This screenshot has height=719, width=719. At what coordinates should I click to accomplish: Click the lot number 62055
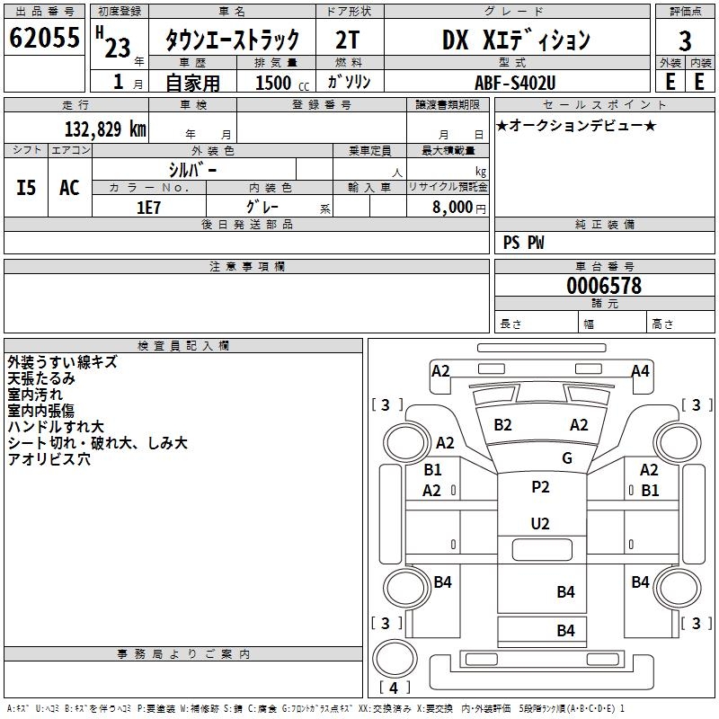pyautogui.click(x=44, y=38)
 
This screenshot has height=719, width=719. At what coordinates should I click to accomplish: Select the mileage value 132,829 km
pyautogui.click(x=105, y=129)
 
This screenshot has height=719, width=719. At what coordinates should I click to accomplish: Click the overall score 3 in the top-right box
pyautogui.click(x=685, y=40)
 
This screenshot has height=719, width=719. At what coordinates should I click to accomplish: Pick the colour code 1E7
pyautogui.click(x=148, y=207)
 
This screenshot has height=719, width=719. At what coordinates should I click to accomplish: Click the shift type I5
pyautogui.click(x=27, y=188)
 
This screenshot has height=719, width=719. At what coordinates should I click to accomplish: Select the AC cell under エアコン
pyautogui.click(x=69, y=188)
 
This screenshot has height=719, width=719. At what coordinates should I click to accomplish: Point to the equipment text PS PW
pyautogui.click(x=523, y=243)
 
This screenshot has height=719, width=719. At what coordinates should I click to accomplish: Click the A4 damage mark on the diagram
pyautogui.click(x=640, y=371)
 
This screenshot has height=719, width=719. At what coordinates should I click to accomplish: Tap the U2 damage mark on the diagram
pyautogui.click(x=540, y=523)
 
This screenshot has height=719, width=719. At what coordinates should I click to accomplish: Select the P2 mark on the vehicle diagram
pyautogui.click(x=540, y=487)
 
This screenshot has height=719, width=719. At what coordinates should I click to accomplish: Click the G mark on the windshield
pyautogui.click(x=567, y=457)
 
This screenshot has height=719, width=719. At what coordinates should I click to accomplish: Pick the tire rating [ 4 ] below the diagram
pyautogui.click(x=393, y=688)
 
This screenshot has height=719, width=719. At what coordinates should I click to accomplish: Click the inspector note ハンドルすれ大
pyautogui.click(x=56, y=427)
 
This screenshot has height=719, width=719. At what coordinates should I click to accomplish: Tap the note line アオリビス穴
pyautogui.click(x=49, y=459)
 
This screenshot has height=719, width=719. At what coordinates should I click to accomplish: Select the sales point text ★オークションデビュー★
pyautogui.click(x=576, y=125)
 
